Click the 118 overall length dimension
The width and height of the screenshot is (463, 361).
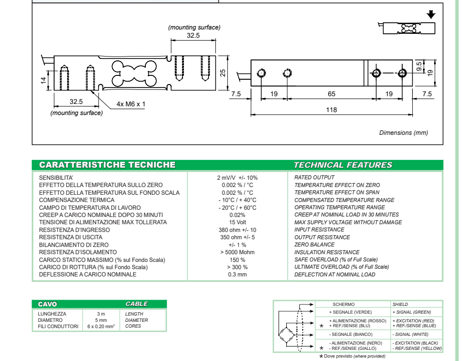(x=331, y=110)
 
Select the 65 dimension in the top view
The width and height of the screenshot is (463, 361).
(x=331, y=94)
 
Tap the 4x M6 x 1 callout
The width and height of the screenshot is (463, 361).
(x=131, y=104)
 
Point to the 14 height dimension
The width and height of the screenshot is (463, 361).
(x=43, y=80)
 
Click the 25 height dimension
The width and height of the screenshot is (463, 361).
(x=223, y=72)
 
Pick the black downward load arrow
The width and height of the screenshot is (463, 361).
(x=431, y=15)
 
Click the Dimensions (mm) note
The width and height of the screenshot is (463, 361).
(x=403, y=133)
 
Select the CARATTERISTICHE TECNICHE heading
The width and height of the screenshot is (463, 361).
(x=107, y=165)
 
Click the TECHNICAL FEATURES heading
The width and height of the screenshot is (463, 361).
(x=343, y=165)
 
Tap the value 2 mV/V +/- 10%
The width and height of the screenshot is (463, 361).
(x=237, y=178)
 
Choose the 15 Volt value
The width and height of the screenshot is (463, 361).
(x=237, y=222)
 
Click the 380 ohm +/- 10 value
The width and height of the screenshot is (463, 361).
(x=237, y=230)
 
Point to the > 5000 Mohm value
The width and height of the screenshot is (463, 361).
(x=237, y=252)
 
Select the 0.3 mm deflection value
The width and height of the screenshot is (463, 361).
(x=237, y=274)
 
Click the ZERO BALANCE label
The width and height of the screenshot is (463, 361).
(x=314, y=245)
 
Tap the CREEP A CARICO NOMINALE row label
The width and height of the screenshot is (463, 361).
(x=101, y=215)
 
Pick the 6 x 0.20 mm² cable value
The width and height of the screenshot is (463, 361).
(x=101, y=327)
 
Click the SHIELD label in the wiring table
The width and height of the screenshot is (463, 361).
(x=400, y=304)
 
